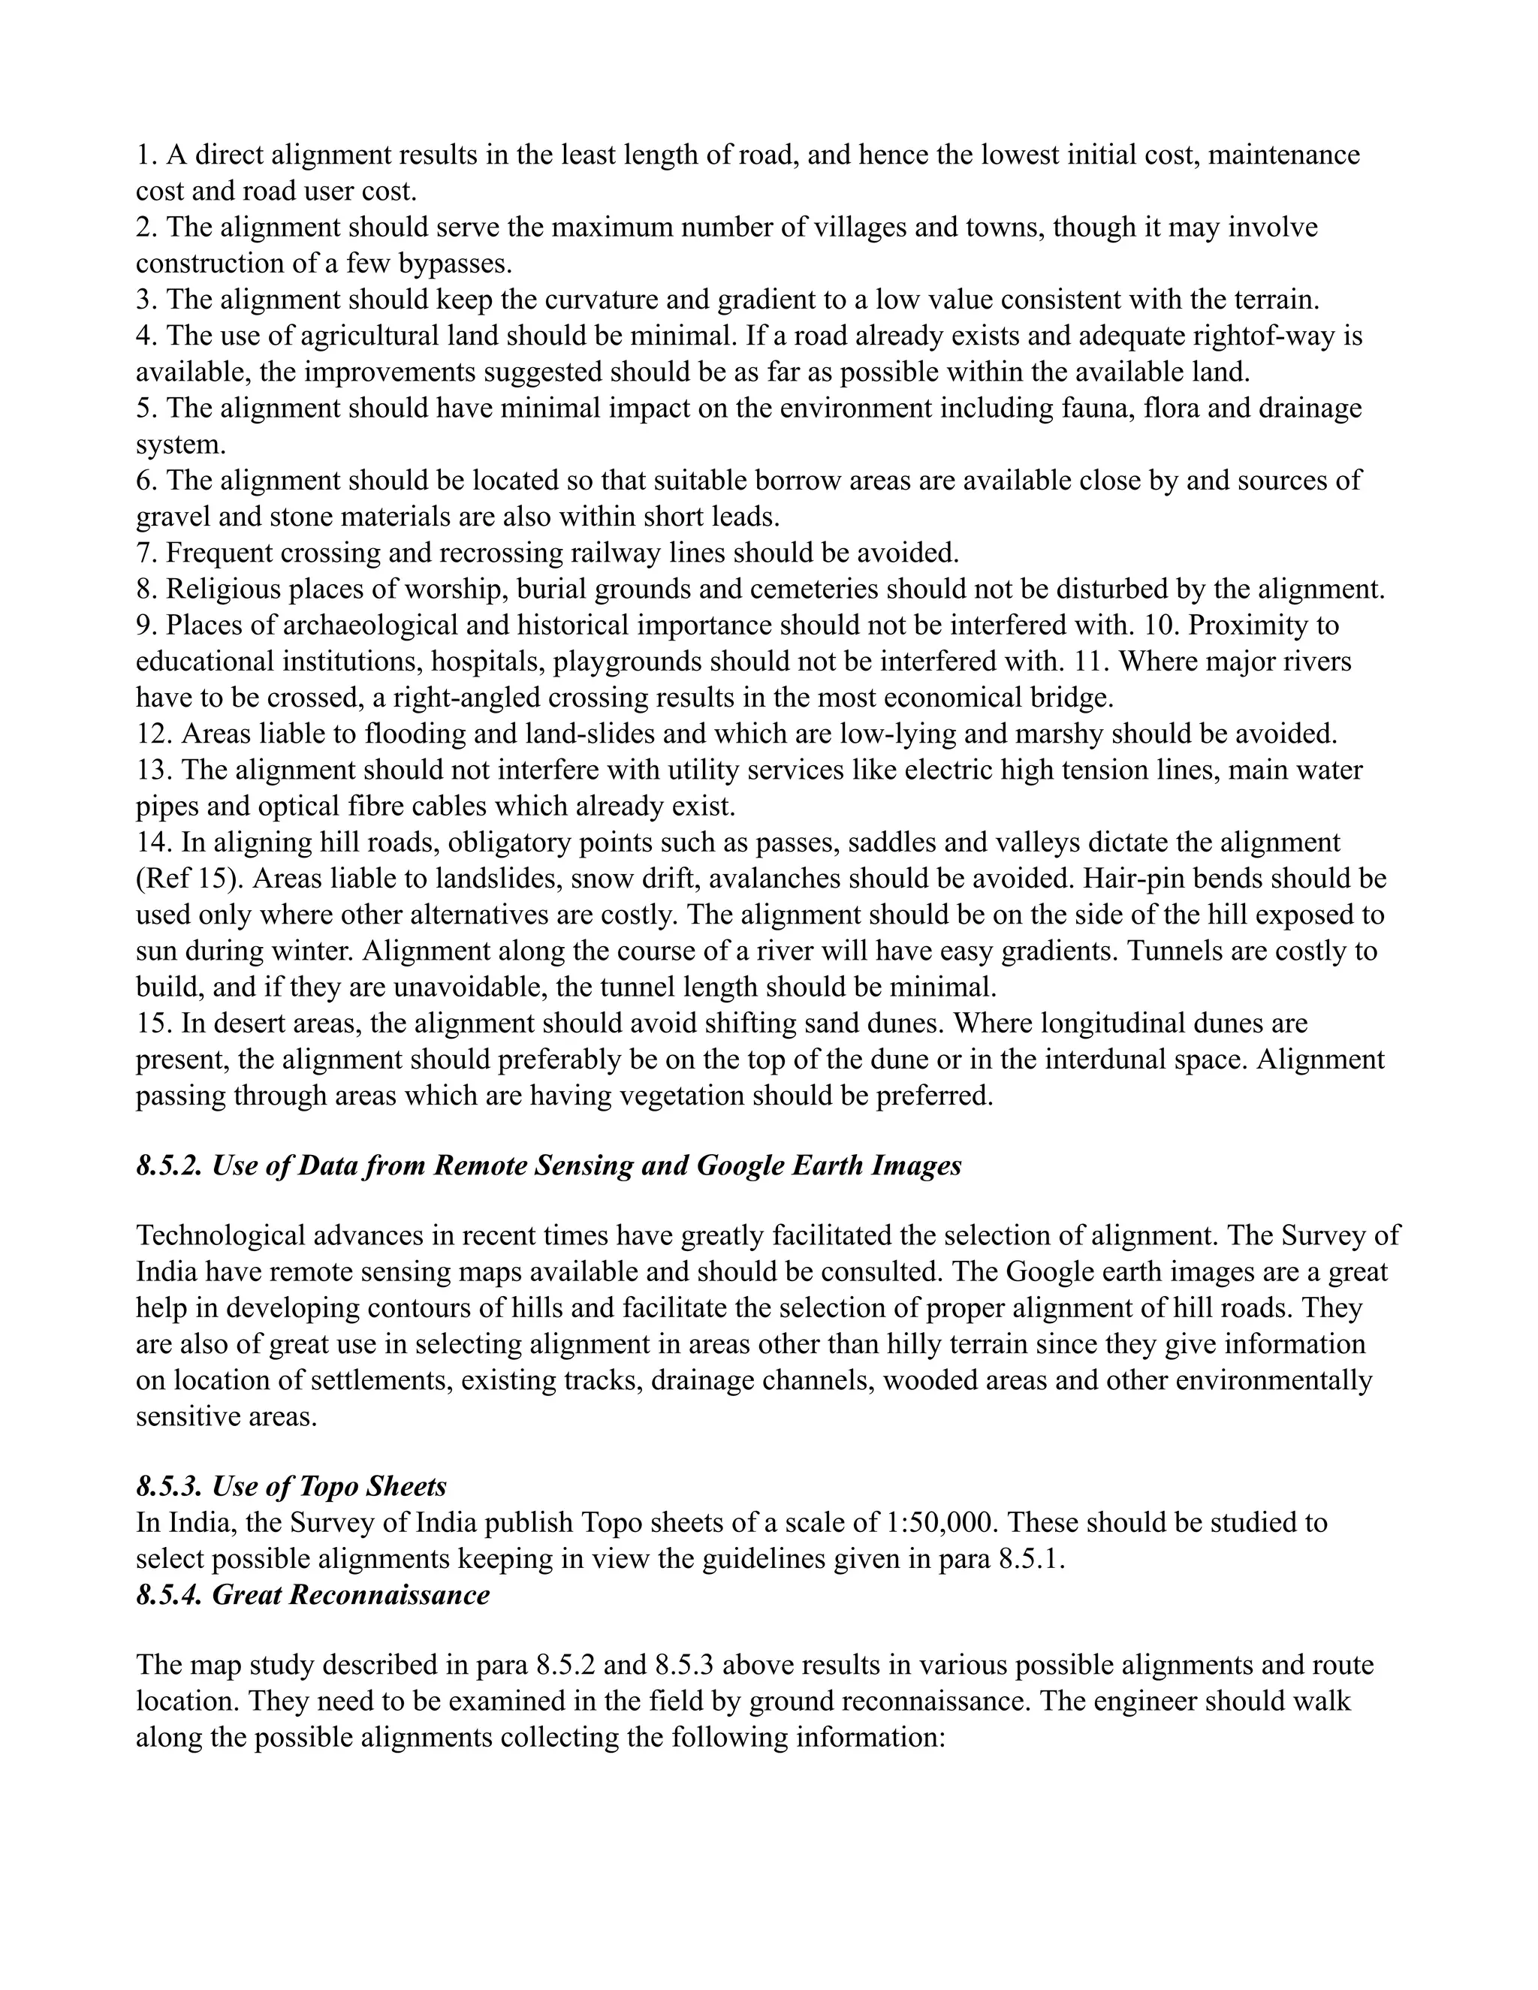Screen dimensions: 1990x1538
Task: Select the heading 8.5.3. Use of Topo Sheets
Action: tap(291, 1486)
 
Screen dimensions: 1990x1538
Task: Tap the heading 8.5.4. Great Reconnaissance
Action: tap(312, 1594)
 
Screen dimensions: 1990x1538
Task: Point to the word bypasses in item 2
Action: tap(454, 264)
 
